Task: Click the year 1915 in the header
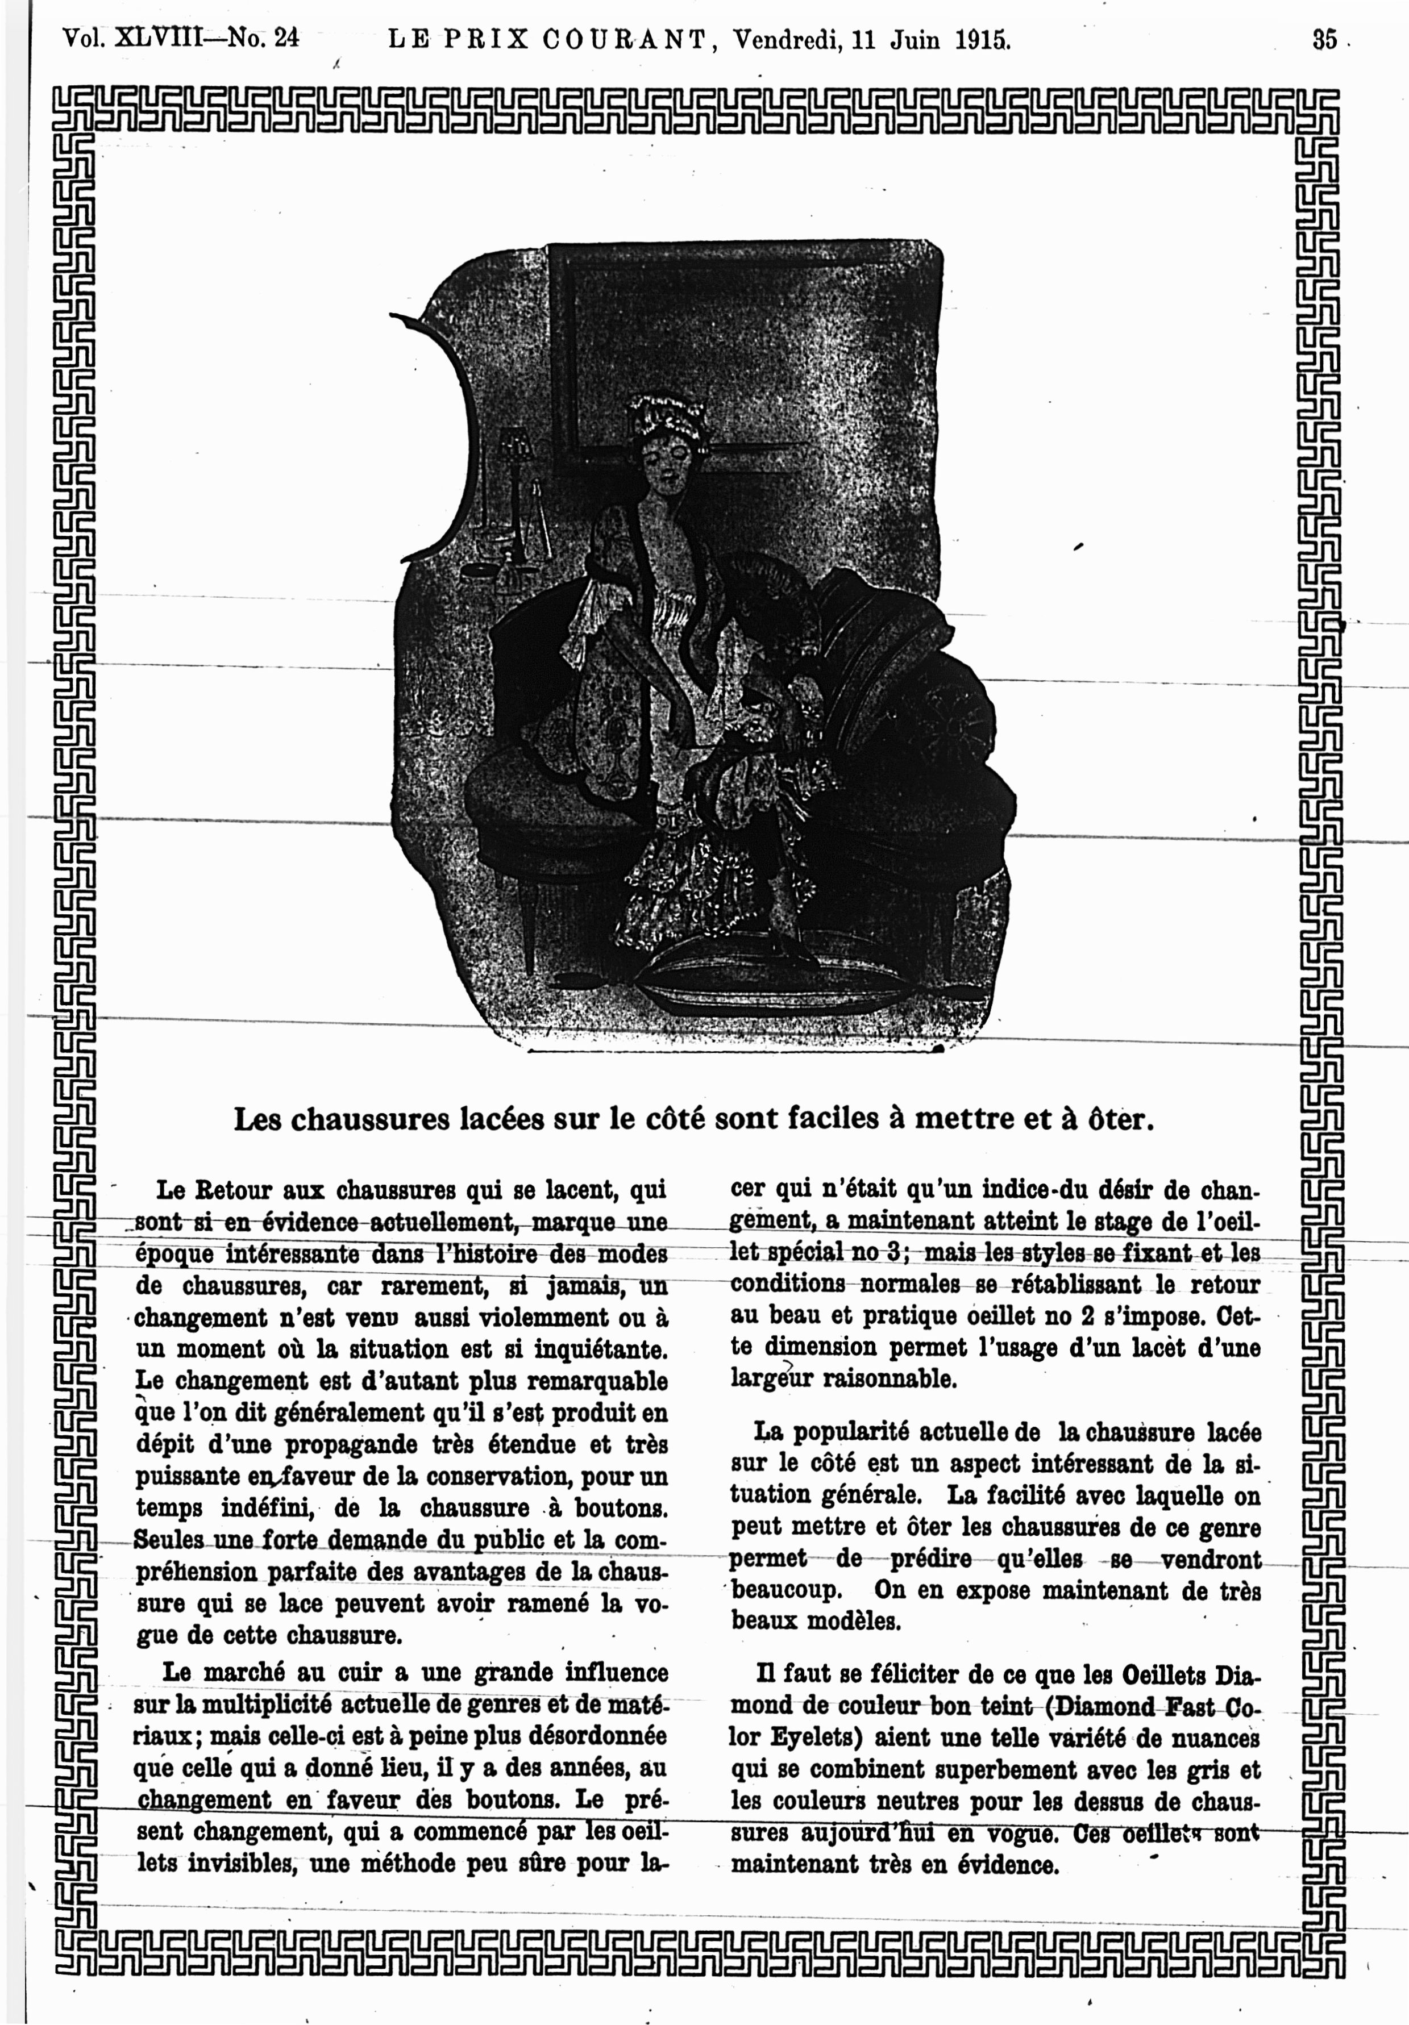982,40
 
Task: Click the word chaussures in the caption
348,1120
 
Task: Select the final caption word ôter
1120,1120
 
